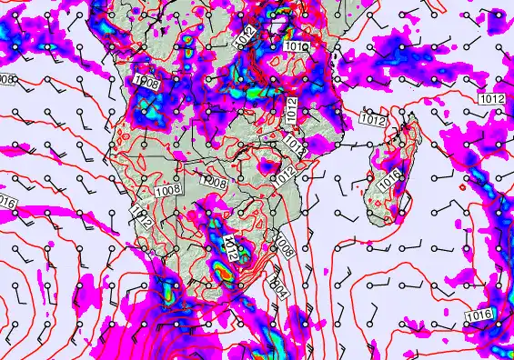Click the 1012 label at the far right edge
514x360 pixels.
click(492, 98)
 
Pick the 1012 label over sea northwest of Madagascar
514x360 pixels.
click(372, 119)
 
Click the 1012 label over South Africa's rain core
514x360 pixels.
click(229, 246)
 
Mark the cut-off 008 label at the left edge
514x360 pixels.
click(6, 79)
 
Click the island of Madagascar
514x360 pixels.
click(387, 177)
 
